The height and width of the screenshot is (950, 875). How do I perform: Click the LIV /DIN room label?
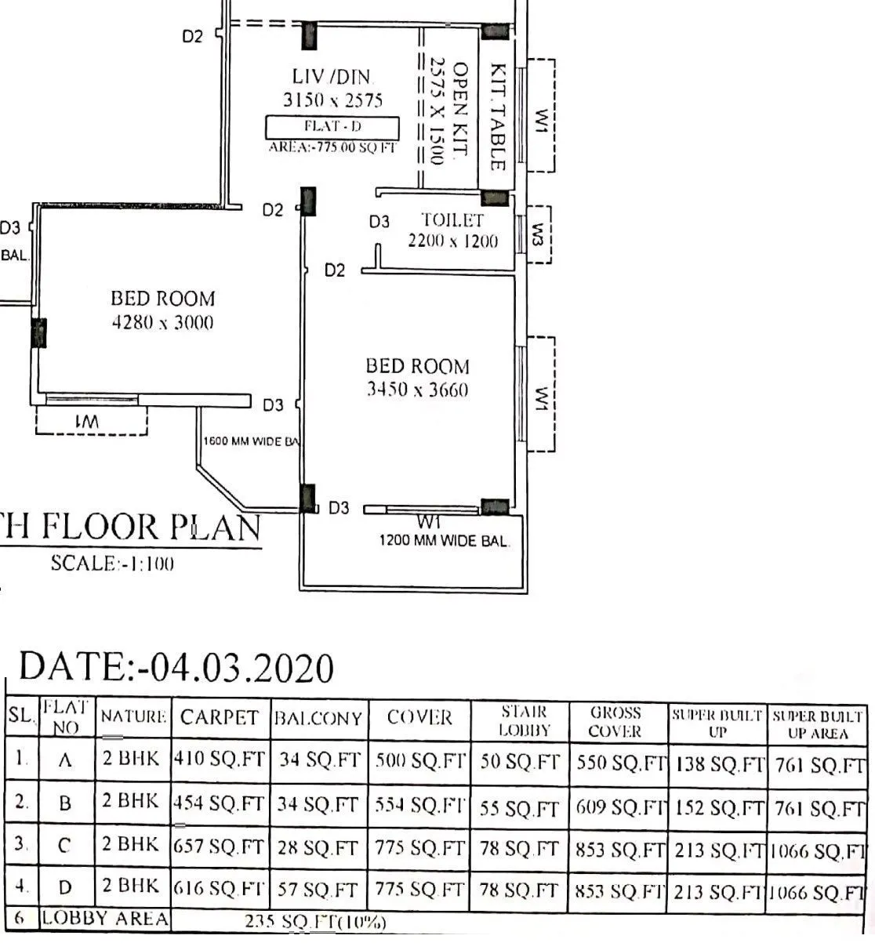(332, 77)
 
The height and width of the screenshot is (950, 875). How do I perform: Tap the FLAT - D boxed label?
(332, 127)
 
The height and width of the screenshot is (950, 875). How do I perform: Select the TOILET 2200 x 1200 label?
(452, 230)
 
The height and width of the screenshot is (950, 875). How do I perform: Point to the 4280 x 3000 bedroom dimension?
(162, 322)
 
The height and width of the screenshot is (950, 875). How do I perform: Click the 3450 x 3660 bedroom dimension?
(418, 390)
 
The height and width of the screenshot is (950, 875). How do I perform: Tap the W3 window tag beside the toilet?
(538, 234)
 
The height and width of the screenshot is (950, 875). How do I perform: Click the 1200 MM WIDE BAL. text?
(444, 540)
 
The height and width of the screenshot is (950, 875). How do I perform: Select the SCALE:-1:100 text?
(112, 563)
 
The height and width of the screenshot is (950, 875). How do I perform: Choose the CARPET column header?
(219, 717)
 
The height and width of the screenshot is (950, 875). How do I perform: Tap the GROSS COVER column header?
(615, 722)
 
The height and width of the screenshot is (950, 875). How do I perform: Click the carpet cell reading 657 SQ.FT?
(219, 847)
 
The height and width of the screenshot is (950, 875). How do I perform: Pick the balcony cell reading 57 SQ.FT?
(318, 890)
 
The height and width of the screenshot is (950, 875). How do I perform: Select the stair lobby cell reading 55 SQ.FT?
(519, 807)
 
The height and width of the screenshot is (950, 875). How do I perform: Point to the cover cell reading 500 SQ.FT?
(419, 761)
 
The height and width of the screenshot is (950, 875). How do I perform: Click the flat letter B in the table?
(66, 803)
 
